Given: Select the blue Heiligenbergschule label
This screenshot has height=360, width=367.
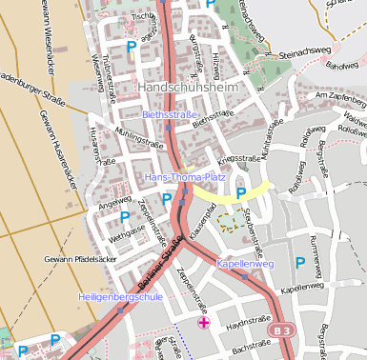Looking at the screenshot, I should click(121, 297).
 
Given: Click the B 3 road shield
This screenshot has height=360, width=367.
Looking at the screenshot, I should click(279, 330).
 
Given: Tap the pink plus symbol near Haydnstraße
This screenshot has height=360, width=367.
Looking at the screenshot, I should click(203, 323).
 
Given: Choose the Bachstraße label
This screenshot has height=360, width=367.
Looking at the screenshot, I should click(254, 350).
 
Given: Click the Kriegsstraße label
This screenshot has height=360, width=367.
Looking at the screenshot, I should click(238, 158).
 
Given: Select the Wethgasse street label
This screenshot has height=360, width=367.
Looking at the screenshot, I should click(126, 230).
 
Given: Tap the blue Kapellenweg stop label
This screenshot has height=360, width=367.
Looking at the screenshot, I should click(245, 263).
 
